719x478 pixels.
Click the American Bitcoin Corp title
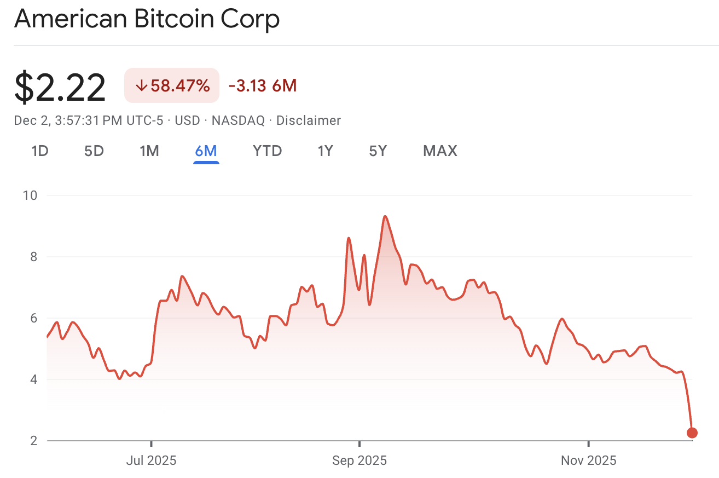point(147,19)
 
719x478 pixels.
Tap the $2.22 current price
point(60,88)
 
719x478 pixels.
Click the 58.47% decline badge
point(172,85)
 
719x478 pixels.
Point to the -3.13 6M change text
point(262,86)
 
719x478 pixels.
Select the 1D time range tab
point(40,151)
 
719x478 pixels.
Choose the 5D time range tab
point(94,151)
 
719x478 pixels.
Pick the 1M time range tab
point(149,151)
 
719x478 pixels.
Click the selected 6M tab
point(206,151)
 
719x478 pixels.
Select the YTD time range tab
point(267,151)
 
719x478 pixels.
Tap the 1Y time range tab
point(325,151)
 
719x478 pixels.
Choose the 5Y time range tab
point(378,151)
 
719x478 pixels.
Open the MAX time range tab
point(440,151)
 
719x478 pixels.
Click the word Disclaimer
point(308,120)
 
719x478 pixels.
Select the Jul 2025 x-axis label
point(151,460)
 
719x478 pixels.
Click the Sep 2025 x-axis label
point(360,460)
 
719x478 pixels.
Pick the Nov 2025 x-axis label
point(588,460)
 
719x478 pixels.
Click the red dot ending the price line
point(692,433)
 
